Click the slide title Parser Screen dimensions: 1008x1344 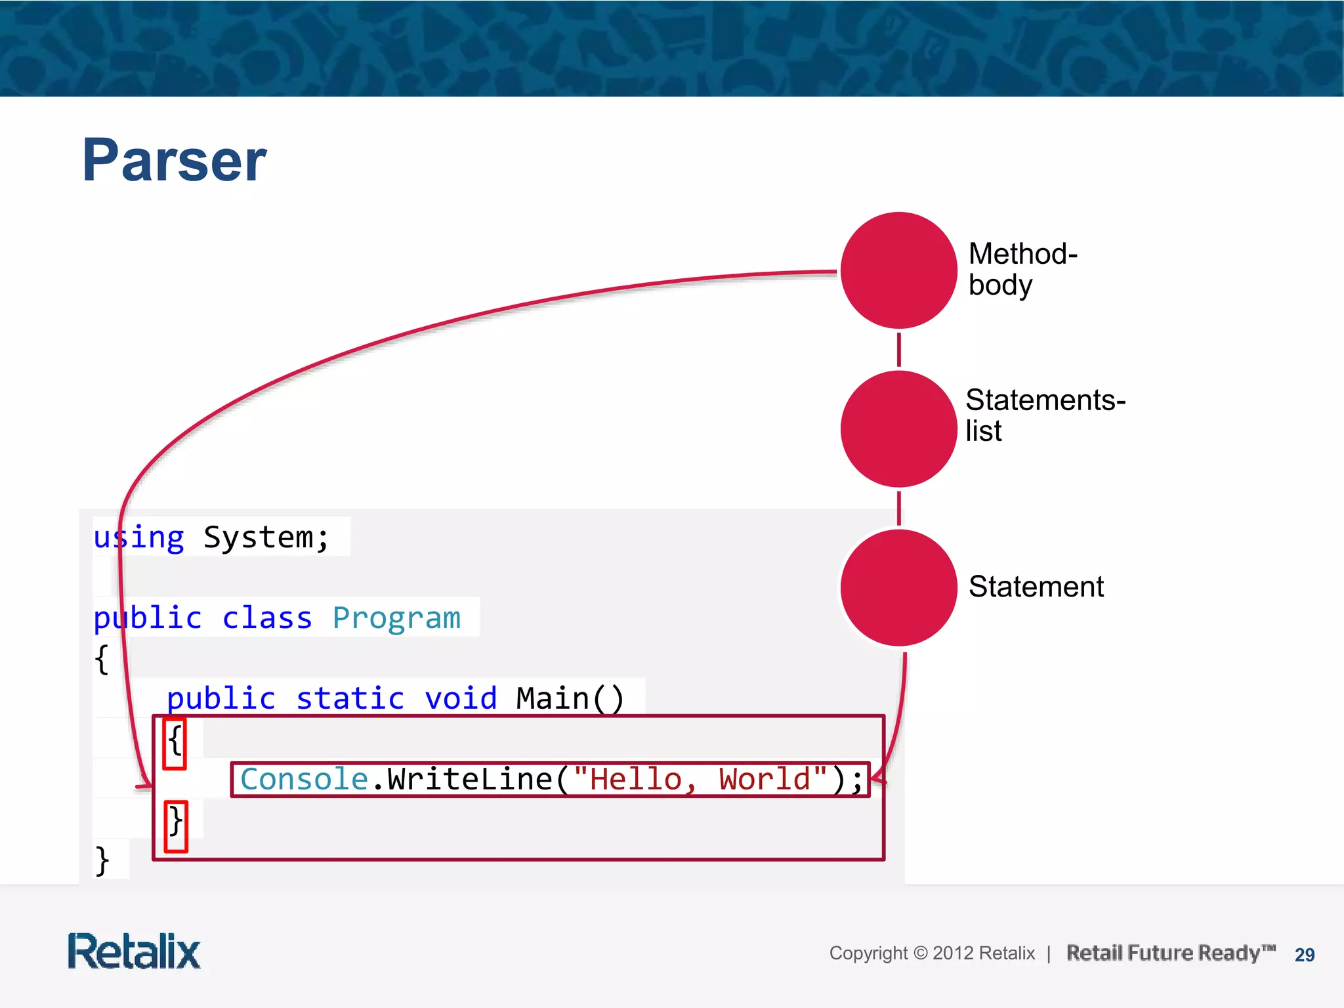tap(175, 160)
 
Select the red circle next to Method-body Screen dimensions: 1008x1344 tap(898, 270)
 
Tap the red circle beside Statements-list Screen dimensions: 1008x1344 tap(898, 429)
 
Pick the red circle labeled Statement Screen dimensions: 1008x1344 tap(898, 587)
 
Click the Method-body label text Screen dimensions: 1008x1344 tap(1022, 269)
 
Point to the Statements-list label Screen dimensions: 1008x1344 tap(1044, 415)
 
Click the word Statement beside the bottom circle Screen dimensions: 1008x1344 tap(1036, 587)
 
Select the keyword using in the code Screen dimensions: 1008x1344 tap(138, 538)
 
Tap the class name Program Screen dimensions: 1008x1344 tap(396, 618)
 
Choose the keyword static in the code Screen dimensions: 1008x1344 tap(350, 698)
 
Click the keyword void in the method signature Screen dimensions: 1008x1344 tap(461, 698)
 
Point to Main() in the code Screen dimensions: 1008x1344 tap(570, 698)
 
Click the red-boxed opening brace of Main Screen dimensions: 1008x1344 tap(175, 743)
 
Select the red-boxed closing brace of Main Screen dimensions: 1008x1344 tap(175, 825)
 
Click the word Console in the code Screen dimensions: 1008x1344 tap(304, 780)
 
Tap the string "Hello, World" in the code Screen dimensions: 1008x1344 tap(700, 780)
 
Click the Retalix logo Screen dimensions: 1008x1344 tap(134, 952)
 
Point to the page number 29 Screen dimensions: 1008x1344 tap(1304, 955)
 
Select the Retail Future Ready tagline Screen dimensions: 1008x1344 tap(1170, 953)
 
